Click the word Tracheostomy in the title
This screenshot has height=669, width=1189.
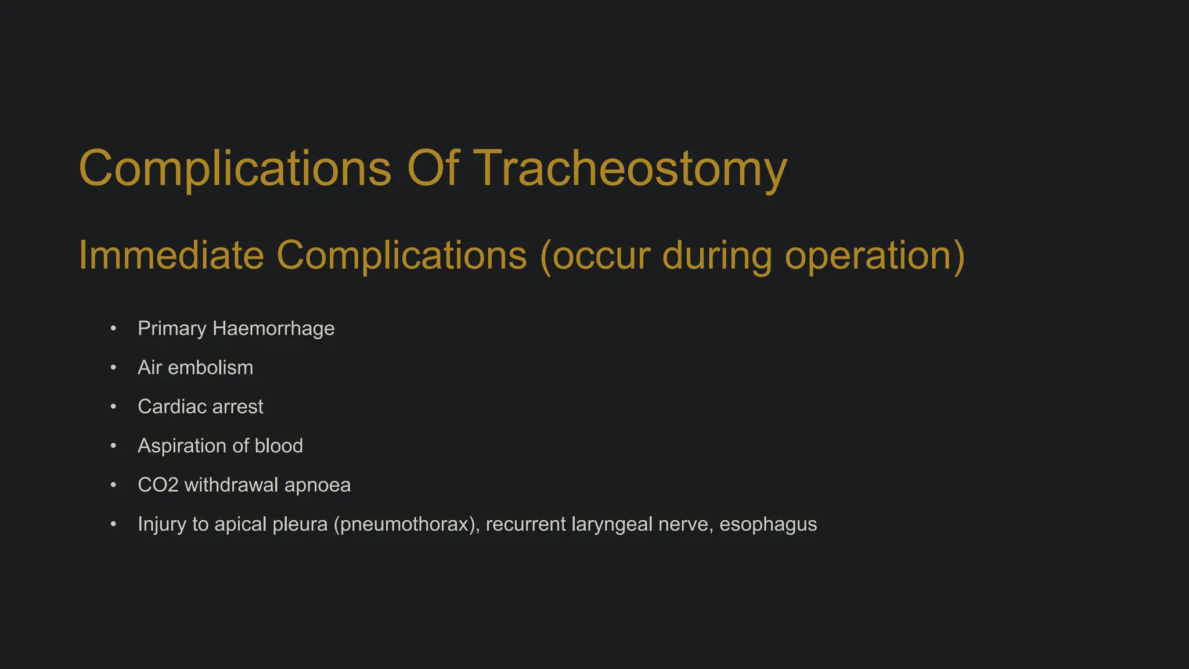pyautogui.click(x=631, y=168)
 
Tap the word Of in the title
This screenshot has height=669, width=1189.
pyautogui.click(x=433, y=168)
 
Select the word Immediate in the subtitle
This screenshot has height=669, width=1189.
pyautogui.click(x=171, y=255)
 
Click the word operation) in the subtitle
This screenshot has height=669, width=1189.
pyautogui.click(x=875, y=255)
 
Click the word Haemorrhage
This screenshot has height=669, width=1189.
pyautogui.click(x=273, y=329)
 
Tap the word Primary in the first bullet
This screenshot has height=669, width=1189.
pyautogui.click(x=172, y=329)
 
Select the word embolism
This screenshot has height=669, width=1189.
pyautogui.click(x=210, y=368)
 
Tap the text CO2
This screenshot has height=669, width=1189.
pyautogui.click(x=158, y=485)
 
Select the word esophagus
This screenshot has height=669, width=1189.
pyautogui.click(x=768, y=524)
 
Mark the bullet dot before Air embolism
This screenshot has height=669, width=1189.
pyautogui.click(x=113, y=368)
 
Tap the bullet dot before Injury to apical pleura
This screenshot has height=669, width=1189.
pyautogui.click(x=113, y=524)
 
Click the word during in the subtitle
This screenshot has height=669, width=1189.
pyautogui.click(x=716, y=255)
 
